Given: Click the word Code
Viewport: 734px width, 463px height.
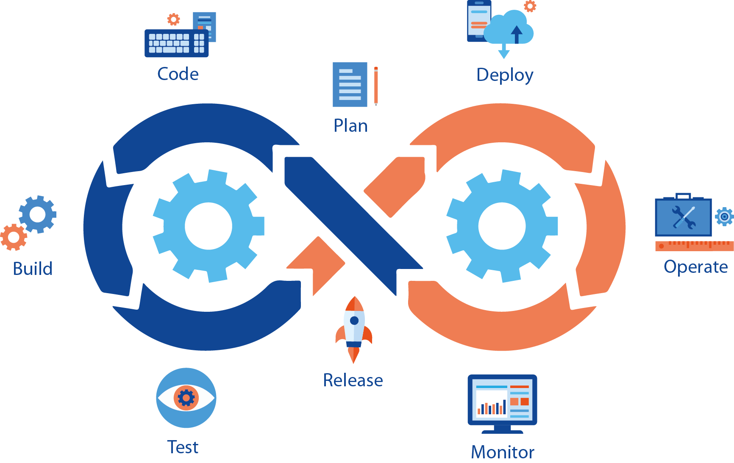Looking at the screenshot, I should click(178, 74).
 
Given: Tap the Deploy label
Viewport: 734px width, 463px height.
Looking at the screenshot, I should click(504, 75).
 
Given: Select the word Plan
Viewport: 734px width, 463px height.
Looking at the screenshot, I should click(350, 126).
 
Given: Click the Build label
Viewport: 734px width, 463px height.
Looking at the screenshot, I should click(33, 269).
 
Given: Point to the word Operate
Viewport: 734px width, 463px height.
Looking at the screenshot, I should click(695, 267).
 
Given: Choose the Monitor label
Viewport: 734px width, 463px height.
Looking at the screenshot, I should click(503, 452).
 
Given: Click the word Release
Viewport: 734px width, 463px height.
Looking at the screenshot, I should click(353, 380).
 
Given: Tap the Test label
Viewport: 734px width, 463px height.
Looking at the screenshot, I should click(183, 447).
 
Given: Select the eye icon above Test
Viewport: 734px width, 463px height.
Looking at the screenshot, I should click(186, 398).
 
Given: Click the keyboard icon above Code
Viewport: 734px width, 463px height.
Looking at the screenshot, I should click(176, 43).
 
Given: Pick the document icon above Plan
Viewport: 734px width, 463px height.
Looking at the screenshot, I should click(350, 85).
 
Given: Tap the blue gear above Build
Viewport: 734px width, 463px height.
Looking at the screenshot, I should click(38, 214).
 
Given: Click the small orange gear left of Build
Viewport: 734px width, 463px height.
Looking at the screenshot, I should click(13, 237).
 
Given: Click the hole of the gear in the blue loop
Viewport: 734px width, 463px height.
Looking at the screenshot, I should click(208, 226).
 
